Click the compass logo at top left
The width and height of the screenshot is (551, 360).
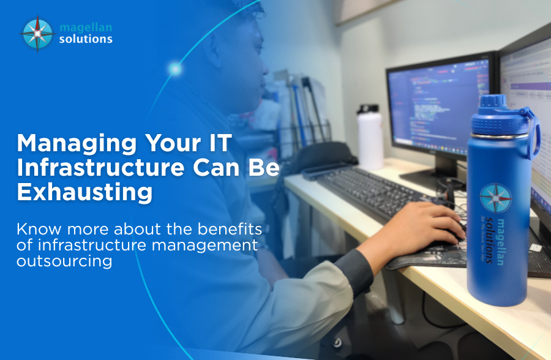coord(37,33)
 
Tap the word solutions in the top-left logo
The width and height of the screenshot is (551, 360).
coord(86,39)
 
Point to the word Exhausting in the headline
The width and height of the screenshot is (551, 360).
coord(84,191)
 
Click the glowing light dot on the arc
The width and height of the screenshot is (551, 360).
coord(175,69)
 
